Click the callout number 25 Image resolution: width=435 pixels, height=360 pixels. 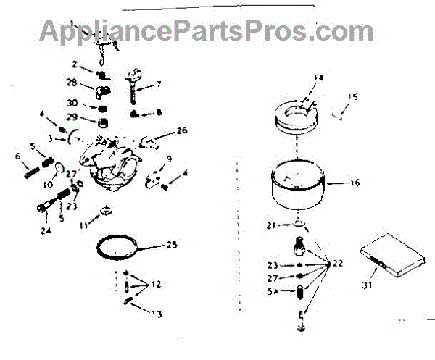(x=172, y=246)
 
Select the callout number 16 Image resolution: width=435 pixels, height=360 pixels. (x=355, y=183)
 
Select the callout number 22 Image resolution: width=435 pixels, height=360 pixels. (x=338, y=264)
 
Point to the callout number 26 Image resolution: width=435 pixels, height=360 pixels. (x=181, y=131)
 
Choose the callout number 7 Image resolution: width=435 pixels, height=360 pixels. (x=159, y=85)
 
